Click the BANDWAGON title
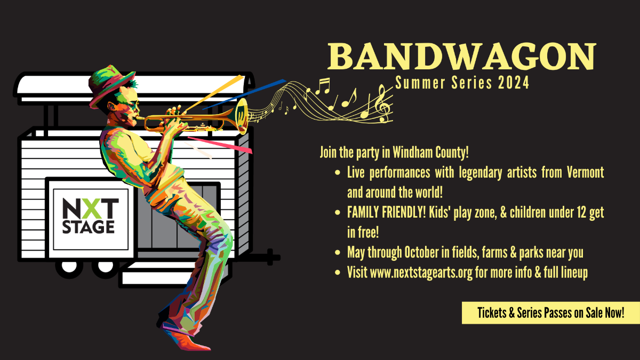pyautogui.click(x=462, y=57)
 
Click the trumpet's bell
pyautogui.click(x=242, y=116)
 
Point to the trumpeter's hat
pyautogui.click(x=110, y=84)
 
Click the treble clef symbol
pyautogui.click(x=383, y=103)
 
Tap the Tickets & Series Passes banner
pyautogui.click(x=550, y=313)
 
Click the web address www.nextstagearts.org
pyautogui.click(x=421, y=273)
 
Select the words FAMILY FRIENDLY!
pyautogui.click(x=387, y=212)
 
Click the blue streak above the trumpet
pyautogui.click(x=244, y=94)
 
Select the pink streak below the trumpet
pyautogui.click(x=220, y=145)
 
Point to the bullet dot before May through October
pyautogui.click(x=338, y=253)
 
